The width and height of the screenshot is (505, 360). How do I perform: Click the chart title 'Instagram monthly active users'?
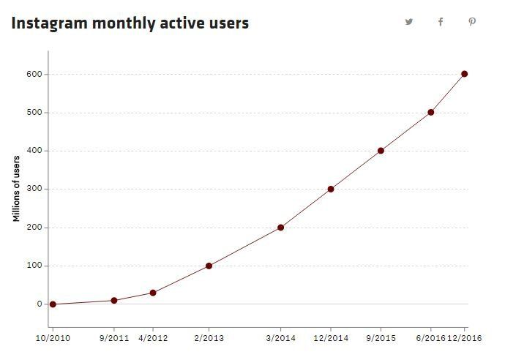coord(130,23)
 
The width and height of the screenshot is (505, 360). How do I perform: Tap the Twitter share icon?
coord(409,22)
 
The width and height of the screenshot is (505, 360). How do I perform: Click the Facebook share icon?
coord(441,22)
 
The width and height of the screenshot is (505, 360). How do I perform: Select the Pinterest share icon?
coord(472,22)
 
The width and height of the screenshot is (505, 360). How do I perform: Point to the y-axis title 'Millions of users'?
coord(17,189)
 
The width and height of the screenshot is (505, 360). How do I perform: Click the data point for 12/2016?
coord(465,74)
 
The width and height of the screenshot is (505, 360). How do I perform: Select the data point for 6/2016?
coord(430,112)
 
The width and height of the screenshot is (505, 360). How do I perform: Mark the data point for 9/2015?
coord(381,151)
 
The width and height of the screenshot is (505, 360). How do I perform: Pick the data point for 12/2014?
coord(331,189)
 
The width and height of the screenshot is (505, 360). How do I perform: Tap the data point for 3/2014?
coord(281,228)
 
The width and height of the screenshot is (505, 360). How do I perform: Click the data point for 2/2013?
coord(209,266)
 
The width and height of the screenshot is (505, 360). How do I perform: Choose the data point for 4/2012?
coord(153,293)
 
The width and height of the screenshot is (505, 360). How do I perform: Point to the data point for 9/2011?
coord(114,300)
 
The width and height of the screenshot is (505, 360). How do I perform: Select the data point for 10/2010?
coord(53,304)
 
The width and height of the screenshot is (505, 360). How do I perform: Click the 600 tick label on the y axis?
coord(34,74)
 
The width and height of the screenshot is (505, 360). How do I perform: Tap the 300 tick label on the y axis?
coord(34,189)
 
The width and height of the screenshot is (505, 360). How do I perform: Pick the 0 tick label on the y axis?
coord(40,304)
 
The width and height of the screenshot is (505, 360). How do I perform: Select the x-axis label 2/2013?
coord(209,339)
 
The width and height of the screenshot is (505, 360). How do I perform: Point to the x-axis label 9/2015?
coord(381,339)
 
